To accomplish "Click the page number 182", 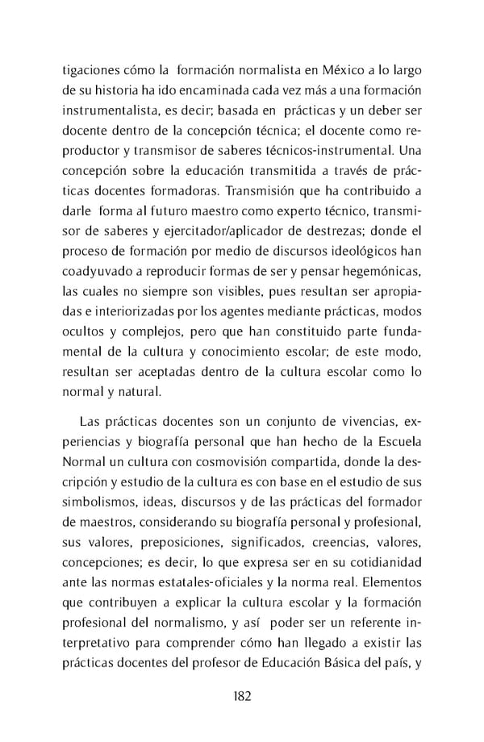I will [x=241, y=695].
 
